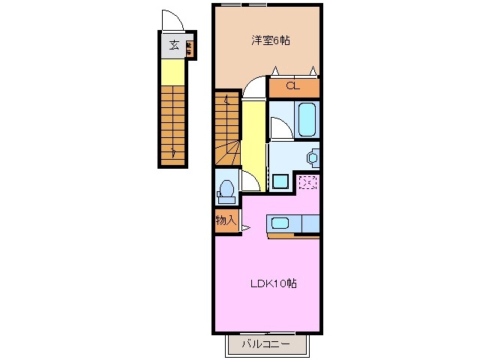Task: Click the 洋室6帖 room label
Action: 269,41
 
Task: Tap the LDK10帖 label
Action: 273,283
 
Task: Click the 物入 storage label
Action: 226,220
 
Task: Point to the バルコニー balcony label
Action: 268,345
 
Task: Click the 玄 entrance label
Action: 173,46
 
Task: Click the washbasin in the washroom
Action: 311,157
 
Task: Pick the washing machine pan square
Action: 280,181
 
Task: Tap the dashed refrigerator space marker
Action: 307,181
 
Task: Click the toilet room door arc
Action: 250,181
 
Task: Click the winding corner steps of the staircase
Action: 227,154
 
